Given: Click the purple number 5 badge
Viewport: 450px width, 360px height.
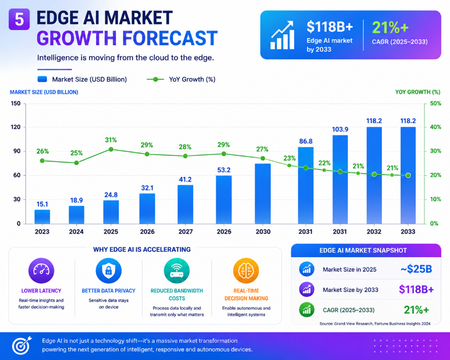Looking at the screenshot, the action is tap(19, 19).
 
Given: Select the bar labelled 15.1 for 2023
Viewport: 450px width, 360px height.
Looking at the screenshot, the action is tap(42, 217).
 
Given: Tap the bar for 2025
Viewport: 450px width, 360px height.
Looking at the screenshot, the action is tap(111, 212).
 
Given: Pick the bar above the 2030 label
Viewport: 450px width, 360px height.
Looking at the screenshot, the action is tap(263, 194).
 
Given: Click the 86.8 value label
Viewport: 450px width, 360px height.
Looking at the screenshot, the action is tap(306, 141).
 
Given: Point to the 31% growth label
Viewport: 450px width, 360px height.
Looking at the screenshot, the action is tap(111, 140).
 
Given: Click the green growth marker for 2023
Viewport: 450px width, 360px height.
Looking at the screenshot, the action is tap(42, 161).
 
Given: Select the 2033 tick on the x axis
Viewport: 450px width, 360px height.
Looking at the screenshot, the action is tap(408, 231).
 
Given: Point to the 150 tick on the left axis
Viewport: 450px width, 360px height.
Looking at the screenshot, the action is tap(16, 103).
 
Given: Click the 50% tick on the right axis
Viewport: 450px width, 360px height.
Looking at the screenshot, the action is tap(435, 103).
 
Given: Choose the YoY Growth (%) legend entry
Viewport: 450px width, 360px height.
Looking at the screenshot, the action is tap(181, 79).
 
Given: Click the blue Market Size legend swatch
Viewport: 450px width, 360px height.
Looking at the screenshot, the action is tap(42, 79).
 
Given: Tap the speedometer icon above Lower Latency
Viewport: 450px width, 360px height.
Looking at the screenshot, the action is tap(41, 271).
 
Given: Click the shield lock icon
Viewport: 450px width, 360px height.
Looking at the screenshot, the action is tap(109, 271).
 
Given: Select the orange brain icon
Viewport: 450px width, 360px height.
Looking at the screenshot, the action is tap(246, 271).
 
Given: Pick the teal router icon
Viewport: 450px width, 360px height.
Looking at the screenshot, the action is tap(177, 271).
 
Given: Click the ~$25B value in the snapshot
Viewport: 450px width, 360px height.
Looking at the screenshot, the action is tap(416, 269).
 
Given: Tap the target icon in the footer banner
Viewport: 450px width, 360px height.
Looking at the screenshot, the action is tap(21, 345).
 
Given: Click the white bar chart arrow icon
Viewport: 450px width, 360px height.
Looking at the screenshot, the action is tap(282, 35).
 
